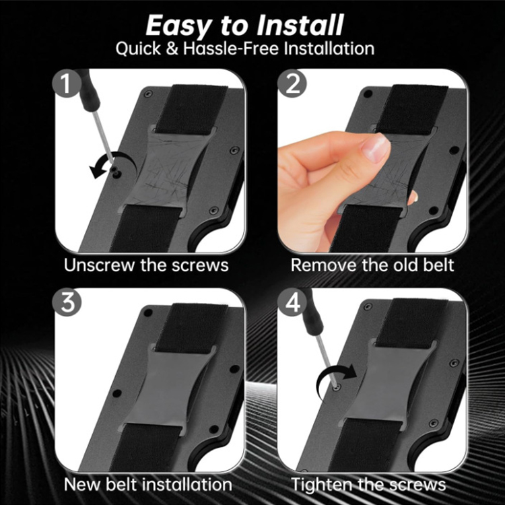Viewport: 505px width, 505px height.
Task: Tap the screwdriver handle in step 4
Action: point(312,306)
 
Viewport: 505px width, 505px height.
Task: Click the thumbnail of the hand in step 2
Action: point(337,175)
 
